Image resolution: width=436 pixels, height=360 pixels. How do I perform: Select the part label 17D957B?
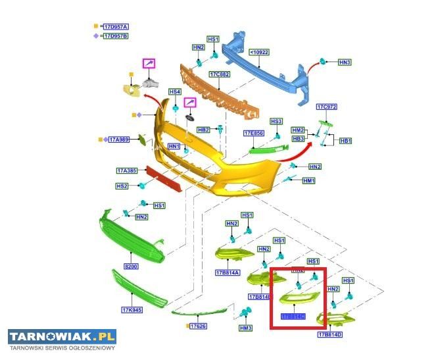[x=116, y=36]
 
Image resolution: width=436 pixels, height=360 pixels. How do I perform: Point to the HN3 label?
[x=345, y=62]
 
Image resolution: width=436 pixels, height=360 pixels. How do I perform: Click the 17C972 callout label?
[x=326, y=107]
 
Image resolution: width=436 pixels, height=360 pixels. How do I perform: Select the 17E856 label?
[x=254, y=133]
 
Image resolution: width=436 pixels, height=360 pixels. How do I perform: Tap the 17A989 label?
[x=119, y=140]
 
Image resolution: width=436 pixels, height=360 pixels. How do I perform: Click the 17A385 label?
[x=126, y=171]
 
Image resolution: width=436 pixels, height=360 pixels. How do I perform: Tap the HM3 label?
[x=246, y=328]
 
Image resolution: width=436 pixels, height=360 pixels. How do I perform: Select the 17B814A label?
[x=228, y=272]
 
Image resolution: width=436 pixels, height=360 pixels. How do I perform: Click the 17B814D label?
[x=331, y=335]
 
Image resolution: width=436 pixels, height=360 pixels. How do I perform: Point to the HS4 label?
[x=174, y=91]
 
